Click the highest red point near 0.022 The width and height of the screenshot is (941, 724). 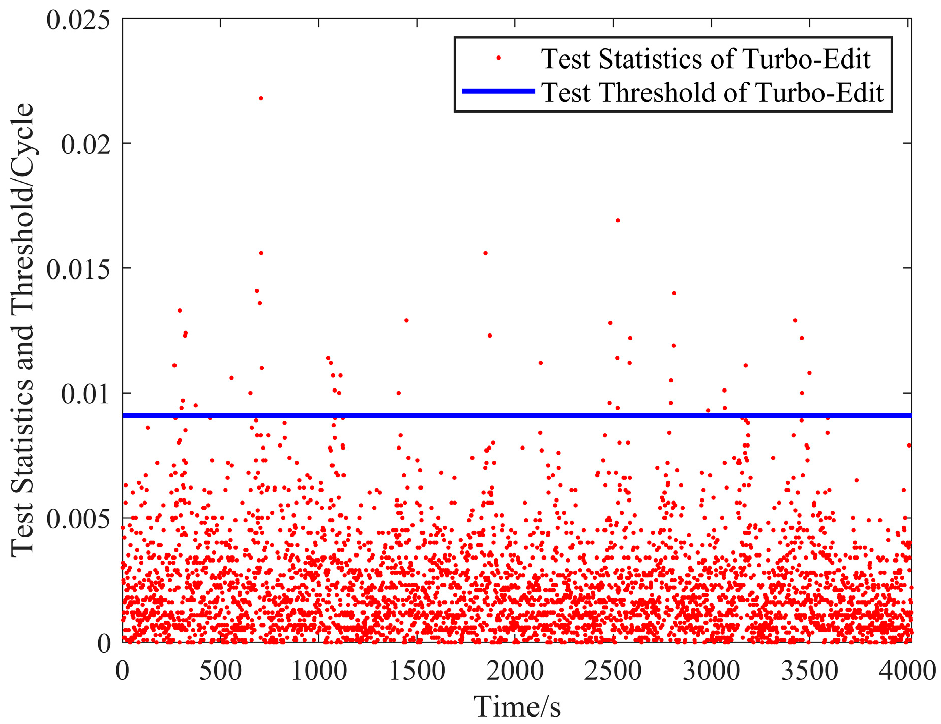click(261, 98)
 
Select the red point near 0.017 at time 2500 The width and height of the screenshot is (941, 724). click(618, 220)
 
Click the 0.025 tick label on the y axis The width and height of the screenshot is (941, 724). click(78, 20)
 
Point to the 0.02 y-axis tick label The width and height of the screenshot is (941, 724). click(85, 144)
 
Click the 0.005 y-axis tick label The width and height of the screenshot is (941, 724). click(78, 519)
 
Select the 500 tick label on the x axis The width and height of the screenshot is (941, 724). click(220, 671)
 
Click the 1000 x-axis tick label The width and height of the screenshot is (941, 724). click(319, 671)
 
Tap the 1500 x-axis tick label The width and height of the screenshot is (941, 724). click(417, 671)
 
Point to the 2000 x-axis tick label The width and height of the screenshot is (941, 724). click(515, 671)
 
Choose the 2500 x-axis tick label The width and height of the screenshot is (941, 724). click(613, 671)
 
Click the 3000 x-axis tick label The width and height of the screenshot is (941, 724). click(712, 671)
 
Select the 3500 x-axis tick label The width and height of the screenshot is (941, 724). click(810, 671)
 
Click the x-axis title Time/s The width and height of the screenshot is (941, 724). click(516, 706)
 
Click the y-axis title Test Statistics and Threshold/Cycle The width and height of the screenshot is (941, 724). click(23, 330)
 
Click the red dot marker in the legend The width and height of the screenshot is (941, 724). click(498, 58)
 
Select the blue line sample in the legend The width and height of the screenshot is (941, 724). click(498, 91)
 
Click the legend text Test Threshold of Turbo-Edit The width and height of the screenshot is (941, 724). click(712, 93)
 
